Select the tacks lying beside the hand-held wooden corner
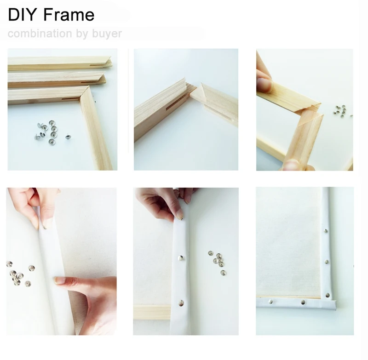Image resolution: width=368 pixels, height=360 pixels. point(340,111)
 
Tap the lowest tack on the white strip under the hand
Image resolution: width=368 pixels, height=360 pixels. point(181,303)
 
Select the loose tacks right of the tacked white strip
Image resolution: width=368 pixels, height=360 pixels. point(217,262)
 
